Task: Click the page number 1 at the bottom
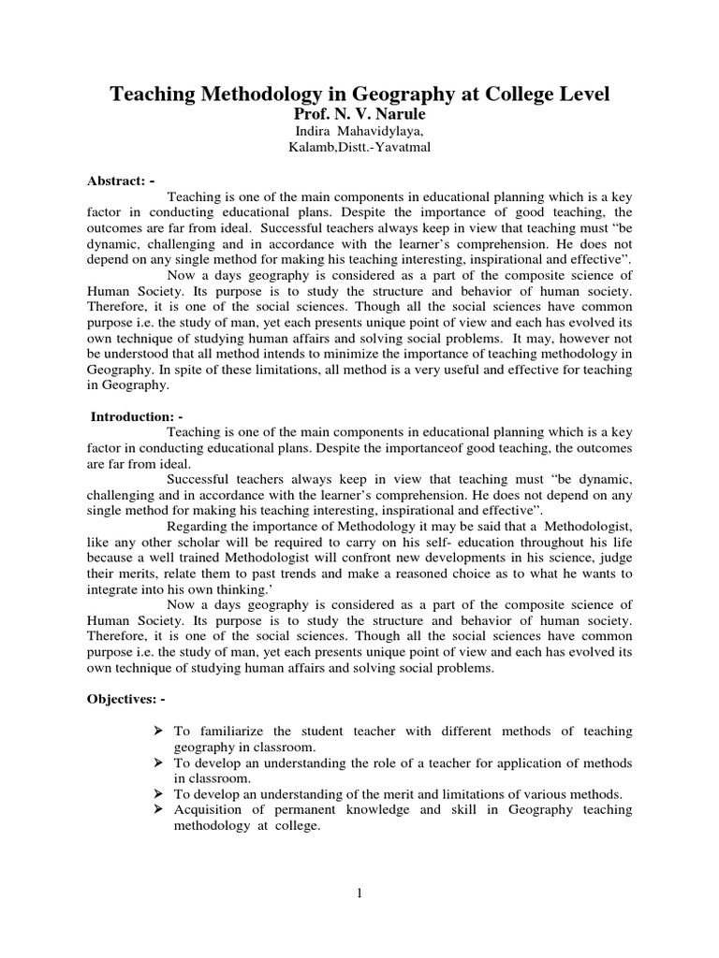pyautogui.click(x=359, y=893)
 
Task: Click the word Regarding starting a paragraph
pyautogui.click(x=197, y=526)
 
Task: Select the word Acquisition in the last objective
pyautogui.click(x=206, y=809)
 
